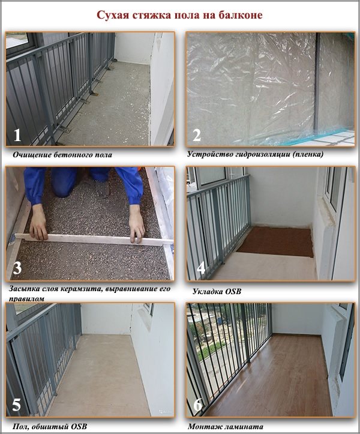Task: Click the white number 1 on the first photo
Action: click(17, 136)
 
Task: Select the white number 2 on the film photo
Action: click(196, 136)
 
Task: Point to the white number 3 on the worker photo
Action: click(17, 268)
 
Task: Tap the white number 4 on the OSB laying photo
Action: click(201, 268)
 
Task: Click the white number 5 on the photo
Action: click(17, 405)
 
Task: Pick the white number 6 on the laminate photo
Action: click(197, 405)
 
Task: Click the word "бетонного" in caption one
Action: click(73, 154)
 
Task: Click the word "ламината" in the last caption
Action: click(245, 426)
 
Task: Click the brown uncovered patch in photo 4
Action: click(275, 242)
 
